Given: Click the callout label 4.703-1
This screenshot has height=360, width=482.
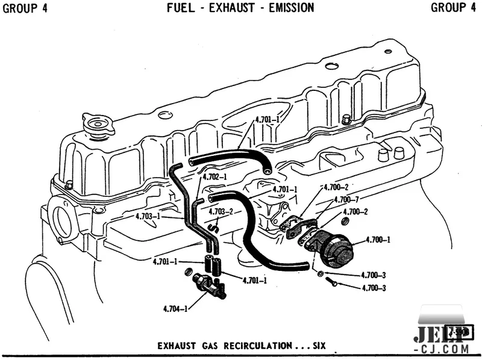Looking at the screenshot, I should (x=147, y=216).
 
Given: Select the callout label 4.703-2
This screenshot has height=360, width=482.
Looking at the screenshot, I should (x=222, y=211).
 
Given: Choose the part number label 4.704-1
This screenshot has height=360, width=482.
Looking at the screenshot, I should (x=175, y=309).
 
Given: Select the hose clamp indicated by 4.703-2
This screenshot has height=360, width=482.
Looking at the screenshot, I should (x=213, y=227).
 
